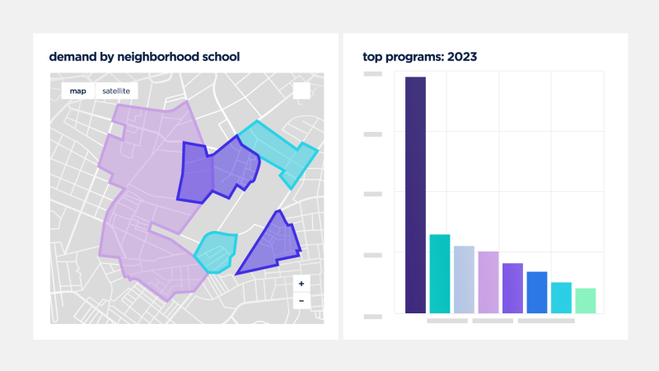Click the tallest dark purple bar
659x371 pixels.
pyautogui.click(x=415, y=195)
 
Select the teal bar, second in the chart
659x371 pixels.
pyautogui.click(x=440, y=274)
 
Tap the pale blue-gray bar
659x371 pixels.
pyautogui.click(x=464, y=279)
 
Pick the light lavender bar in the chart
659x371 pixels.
pyautogui.click(x=488, y=282)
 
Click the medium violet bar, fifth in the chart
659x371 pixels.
pyautogui.click(x=512, y=288)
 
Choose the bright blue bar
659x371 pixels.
pyautogui.click(x=537, y=292)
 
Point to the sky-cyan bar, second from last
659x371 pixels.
pyautogui.click(x=561, y=298)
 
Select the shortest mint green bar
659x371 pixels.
pyautogui.click(x=586, y=300)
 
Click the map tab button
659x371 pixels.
pyautogui.click(x=77, y=91)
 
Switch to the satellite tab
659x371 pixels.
pyautogui.click(x=115, y=91)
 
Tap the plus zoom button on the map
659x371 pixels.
pyautogui.click(x=301, y=284)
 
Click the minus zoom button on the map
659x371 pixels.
pyautogui.click(x=301, y=301)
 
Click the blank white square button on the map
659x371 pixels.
pyautogui.click(x=301, y=91)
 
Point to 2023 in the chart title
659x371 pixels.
pyautogui.click(x=461, y=57)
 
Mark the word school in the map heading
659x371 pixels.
pyautogui.click(x=219, y=57)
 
